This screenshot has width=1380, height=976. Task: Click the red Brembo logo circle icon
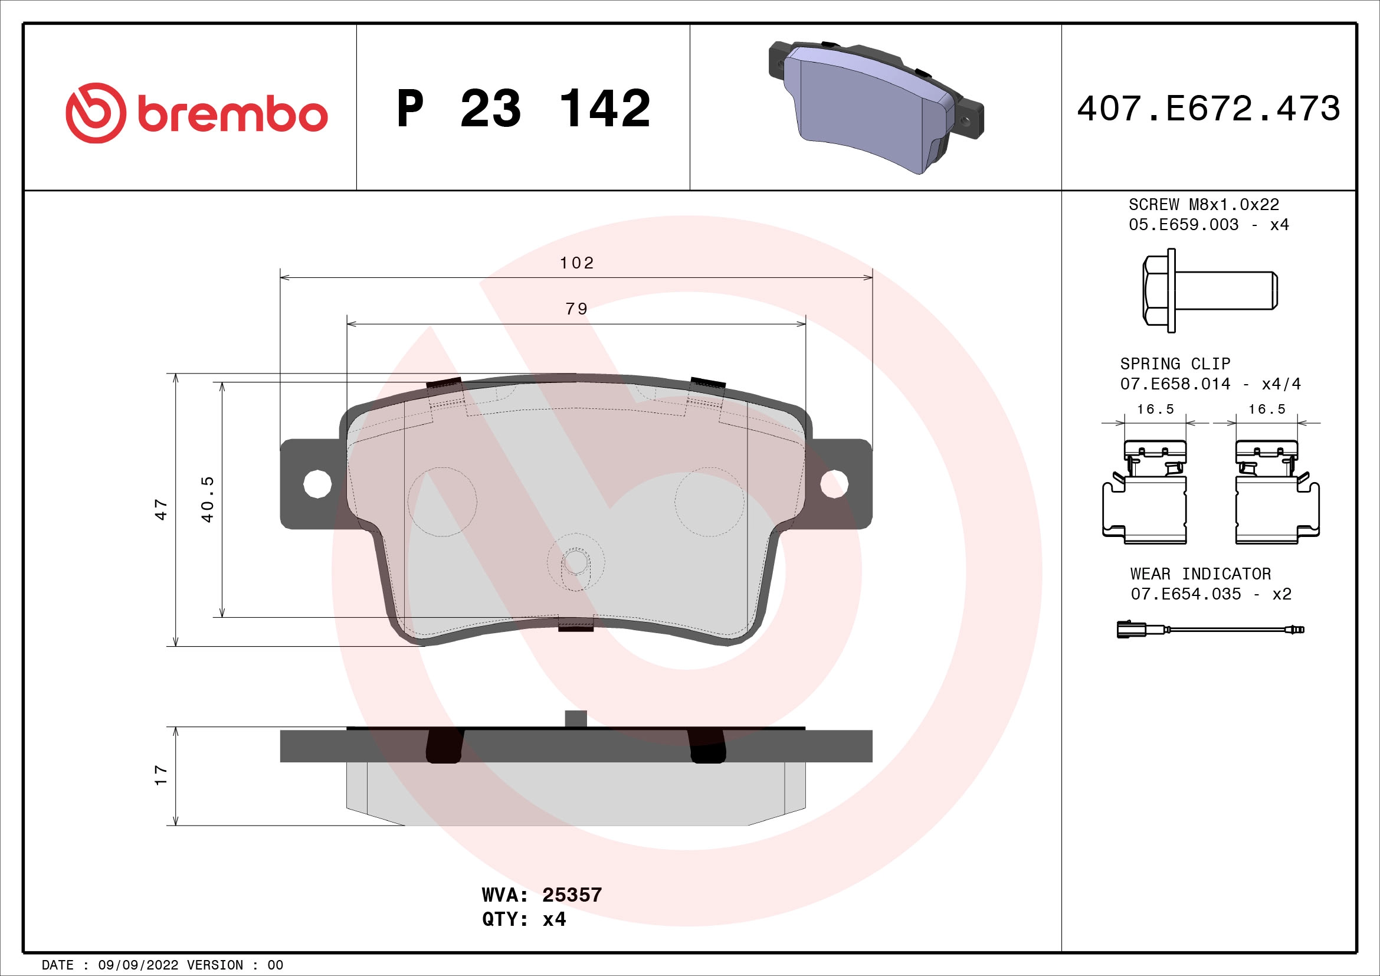96,113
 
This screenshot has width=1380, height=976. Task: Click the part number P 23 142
523,109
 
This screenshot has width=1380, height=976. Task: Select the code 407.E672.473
1208,109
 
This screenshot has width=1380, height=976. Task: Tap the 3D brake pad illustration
875,107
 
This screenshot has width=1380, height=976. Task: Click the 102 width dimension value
576,263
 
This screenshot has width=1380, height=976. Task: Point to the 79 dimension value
576,309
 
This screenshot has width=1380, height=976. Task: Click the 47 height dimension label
161,509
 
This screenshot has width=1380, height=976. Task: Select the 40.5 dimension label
207,499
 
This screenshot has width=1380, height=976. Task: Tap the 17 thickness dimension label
161,775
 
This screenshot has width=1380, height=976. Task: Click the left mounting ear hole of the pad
317,484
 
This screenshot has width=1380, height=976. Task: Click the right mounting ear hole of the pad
834,484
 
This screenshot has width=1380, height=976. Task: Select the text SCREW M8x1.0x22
1203,205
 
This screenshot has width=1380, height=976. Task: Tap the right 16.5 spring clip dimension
1266,410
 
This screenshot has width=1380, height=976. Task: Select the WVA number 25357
572,895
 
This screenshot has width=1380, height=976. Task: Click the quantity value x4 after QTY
553,919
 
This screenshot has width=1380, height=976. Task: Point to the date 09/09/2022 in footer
138,965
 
